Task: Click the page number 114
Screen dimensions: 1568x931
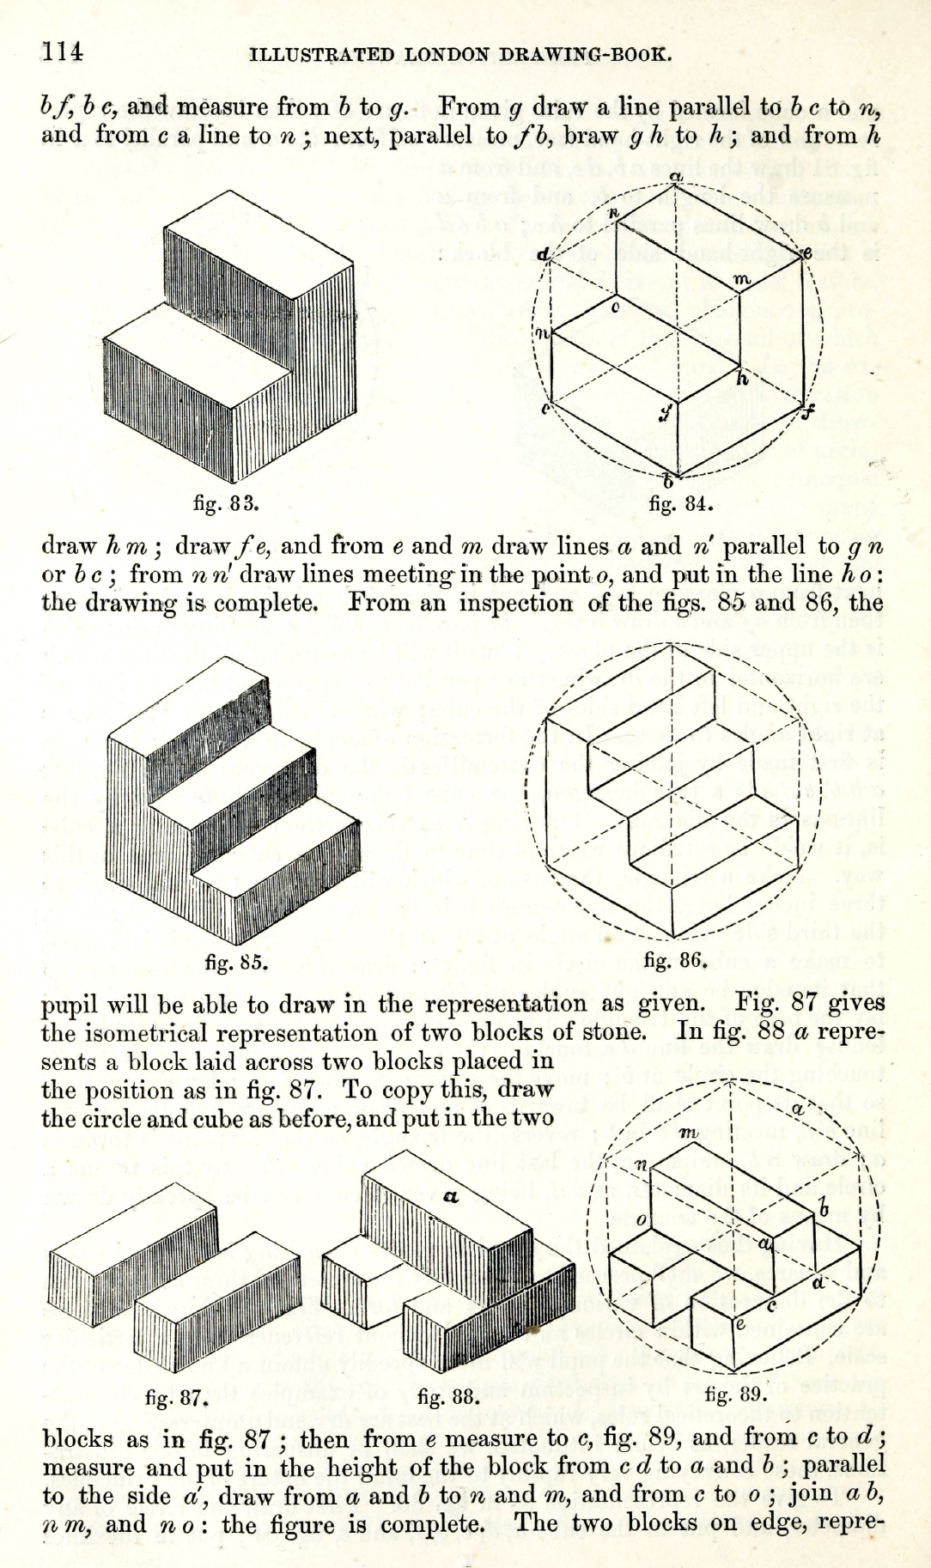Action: (64, 52)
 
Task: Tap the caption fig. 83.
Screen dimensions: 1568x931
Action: (226, 502)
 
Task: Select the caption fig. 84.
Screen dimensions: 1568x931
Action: (681, 503)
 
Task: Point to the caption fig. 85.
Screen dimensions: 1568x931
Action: (236, 963)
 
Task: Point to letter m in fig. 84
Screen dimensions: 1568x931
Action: (742, 280)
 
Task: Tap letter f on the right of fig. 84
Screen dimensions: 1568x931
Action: (808, 411)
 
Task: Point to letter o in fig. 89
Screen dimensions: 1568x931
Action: (640, 1219)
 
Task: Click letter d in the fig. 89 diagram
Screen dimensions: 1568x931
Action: (817, 1283)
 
